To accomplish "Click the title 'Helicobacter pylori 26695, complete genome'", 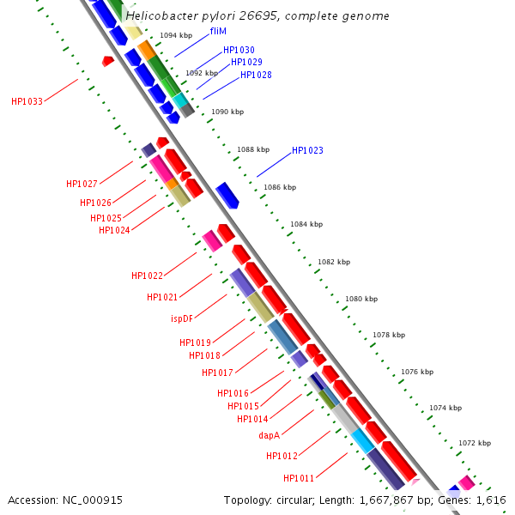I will click(257, 15).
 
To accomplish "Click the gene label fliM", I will click(218, 31).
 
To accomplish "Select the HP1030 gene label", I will click(239, 51).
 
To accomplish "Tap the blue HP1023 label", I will click(307, 150).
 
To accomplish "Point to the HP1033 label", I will click(27, 101).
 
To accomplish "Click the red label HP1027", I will click(82, 184).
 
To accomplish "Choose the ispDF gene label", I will click(182, 318).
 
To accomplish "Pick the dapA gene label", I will click(270, 435).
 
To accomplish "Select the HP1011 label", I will click(299, 478).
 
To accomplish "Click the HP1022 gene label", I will click(147, 276).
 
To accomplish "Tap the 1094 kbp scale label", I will click(176, 35).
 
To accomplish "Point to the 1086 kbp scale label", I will click(280, 187).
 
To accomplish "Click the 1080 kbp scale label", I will click(361, 300).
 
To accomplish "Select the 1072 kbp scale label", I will click(475, 443).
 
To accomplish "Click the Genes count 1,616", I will click(490, 500).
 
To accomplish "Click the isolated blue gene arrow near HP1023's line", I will click(227, 195).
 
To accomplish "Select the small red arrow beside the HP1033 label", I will click(107, 61).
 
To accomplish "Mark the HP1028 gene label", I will click(256, 75).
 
